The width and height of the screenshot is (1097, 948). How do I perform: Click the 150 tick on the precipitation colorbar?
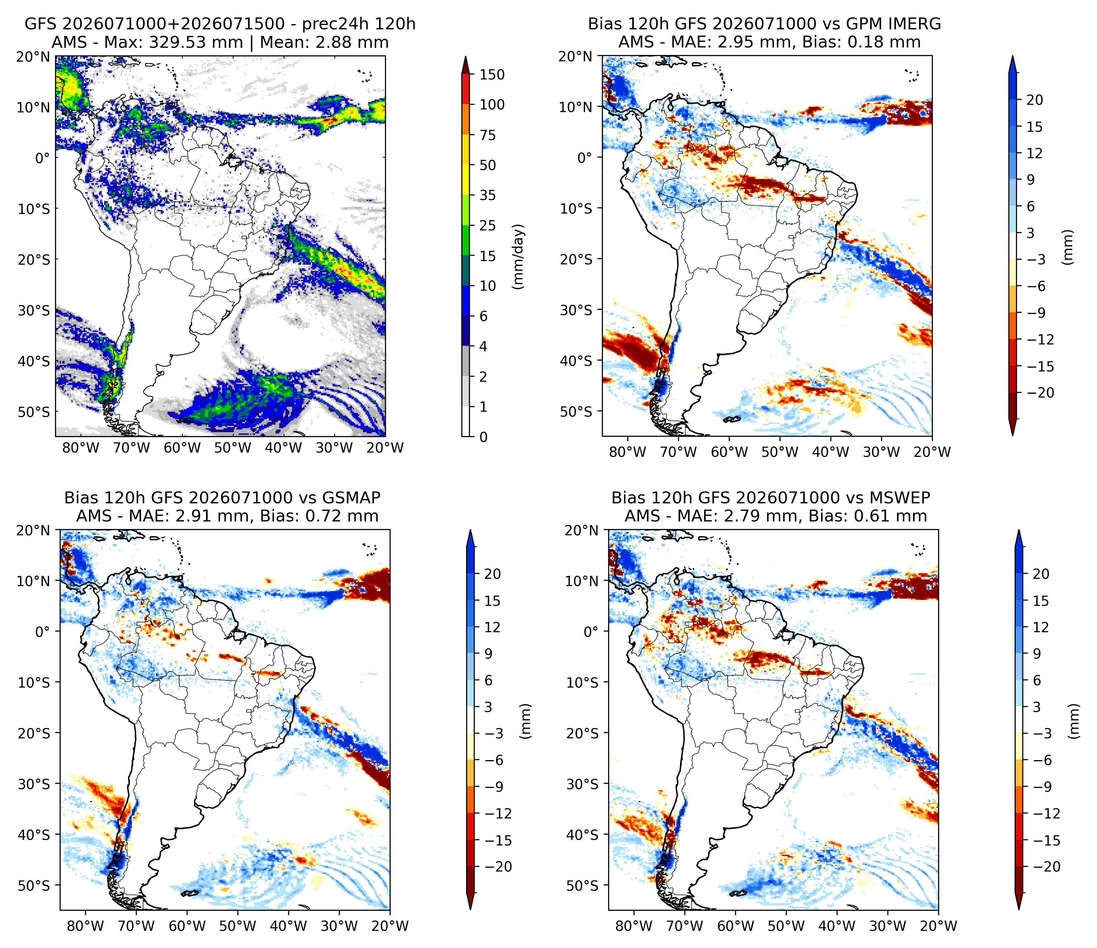492,74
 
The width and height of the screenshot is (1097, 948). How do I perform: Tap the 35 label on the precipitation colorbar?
488,195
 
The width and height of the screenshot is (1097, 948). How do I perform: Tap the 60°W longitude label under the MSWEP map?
735,926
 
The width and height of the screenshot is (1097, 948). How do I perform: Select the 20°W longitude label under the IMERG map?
933,452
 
